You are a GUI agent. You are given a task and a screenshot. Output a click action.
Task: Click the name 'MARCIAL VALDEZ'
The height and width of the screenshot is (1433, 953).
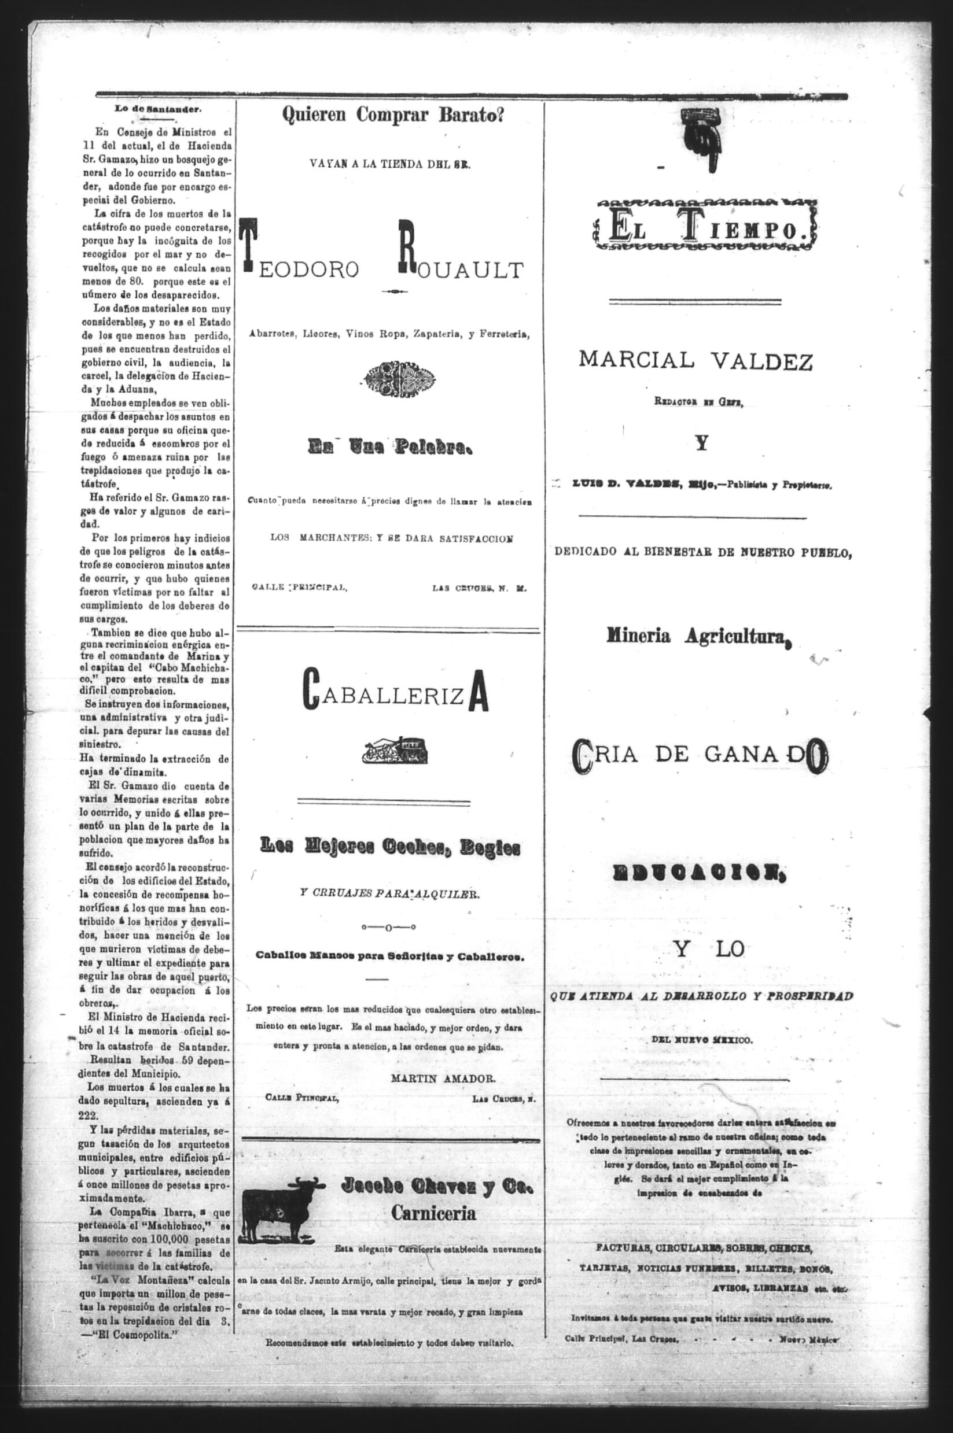tap(696, 362)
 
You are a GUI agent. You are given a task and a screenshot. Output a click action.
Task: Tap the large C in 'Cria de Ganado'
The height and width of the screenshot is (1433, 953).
tap(582, 756)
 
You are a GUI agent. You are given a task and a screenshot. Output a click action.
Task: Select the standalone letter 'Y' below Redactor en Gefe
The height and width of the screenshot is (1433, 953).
tap(702, 444)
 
